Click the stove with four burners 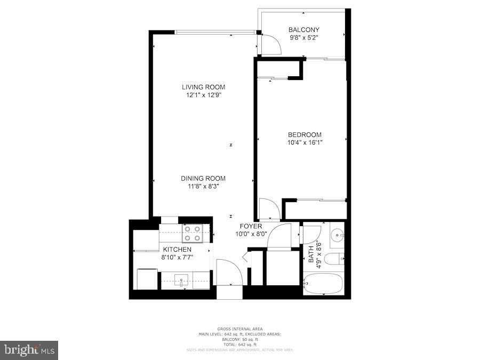tap(193, 234)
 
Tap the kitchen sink tap(181, 280)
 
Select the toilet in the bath tap(334, 259)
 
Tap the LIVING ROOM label tap(203, 87)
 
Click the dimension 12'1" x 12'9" tap(203, 95)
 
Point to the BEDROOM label tap(305, 135)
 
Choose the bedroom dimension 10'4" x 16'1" tap(305, 142)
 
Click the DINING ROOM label tap(203, 179)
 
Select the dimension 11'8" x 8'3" tap(203, 187)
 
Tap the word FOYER tap(250, 226)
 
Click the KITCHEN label tap(177, 250)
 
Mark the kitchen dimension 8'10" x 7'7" tap(177, 257)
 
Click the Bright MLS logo tap(29, 350)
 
